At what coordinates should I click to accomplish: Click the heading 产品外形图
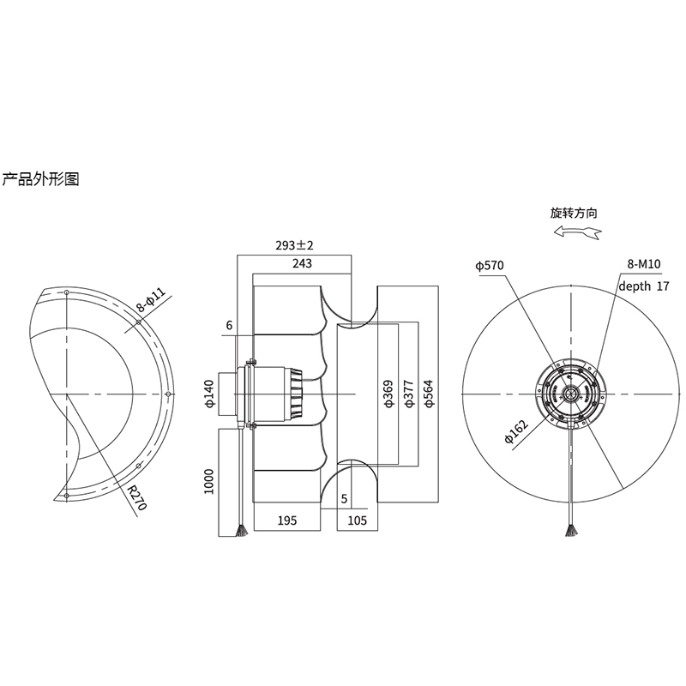[40, 180]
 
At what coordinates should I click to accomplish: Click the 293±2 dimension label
[294, 245]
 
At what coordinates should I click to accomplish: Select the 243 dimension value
[302, 263]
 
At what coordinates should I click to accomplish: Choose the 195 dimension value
[287, 520]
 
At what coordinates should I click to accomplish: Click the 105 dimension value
[358, 520]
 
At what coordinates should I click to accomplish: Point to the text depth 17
[643, 286]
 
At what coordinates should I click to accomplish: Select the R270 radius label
[136, 496]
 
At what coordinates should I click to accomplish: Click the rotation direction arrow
[575, 232]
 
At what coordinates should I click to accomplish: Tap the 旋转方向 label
[574, 212]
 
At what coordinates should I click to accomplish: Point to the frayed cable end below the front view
[569, 532]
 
